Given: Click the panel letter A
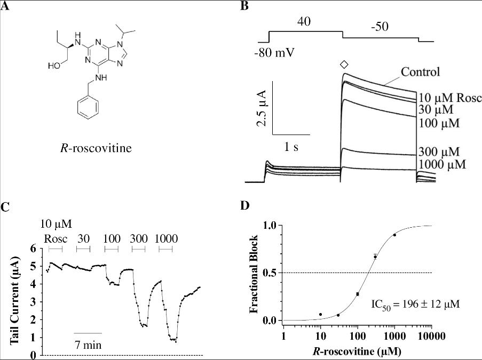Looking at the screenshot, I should tap(5, 6).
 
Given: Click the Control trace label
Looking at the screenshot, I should tap(421, 72).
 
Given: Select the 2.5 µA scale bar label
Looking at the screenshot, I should tap(262, 108).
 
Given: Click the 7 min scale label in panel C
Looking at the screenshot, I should tap(88, 345).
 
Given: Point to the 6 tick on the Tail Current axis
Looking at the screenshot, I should tap(33, 249).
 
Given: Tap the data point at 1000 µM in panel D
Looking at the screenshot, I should tap(394, 235).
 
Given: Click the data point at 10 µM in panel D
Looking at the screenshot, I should tap(320, 315).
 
